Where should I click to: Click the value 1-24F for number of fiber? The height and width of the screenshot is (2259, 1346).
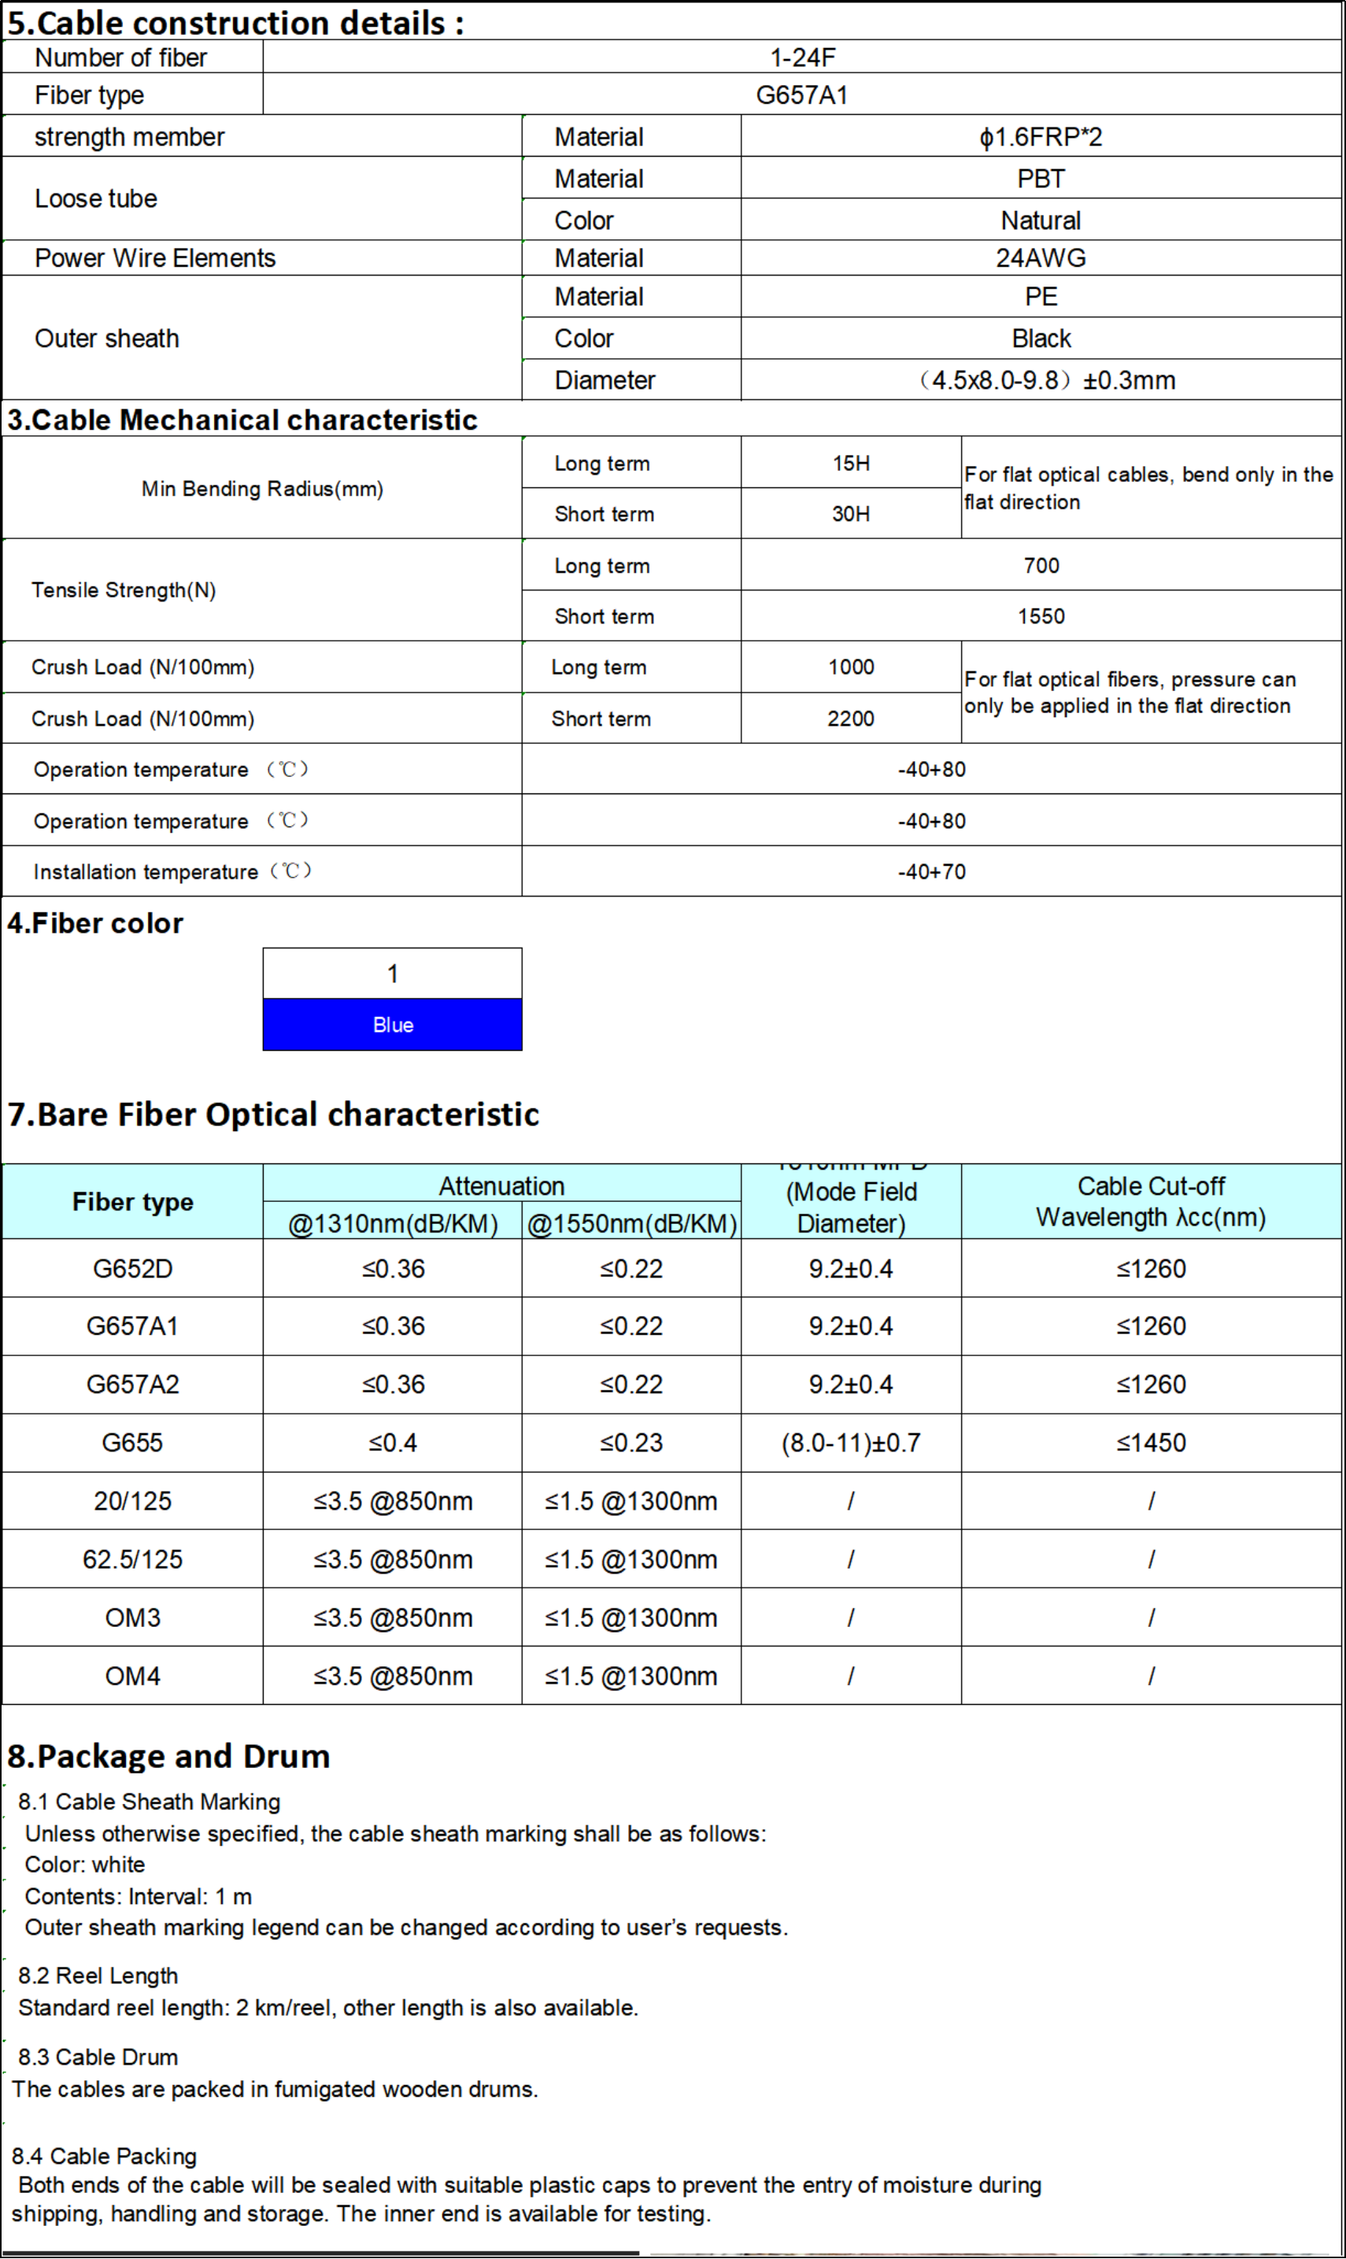[802, 57]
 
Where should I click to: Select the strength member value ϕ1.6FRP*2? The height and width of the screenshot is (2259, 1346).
[1041, 137]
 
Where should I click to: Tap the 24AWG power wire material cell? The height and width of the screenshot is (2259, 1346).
[1041, 257]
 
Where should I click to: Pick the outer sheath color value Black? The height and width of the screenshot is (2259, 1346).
[1041, 338]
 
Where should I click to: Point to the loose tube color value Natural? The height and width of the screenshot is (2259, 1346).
[1041, 220]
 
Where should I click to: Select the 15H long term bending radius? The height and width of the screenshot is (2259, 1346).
[851, 464]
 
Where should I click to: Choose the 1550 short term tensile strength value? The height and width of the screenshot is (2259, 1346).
[1041, 616]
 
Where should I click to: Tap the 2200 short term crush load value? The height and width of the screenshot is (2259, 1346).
[851, 719]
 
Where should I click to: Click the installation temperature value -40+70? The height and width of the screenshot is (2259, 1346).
[931, 871]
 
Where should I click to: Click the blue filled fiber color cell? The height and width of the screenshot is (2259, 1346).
[393, 1025]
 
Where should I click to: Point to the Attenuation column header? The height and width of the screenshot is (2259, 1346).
[501, 1185]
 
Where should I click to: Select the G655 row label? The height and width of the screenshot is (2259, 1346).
[132, 1442]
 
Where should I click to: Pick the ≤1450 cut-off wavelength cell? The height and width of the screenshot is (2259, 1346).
[1151, 1442]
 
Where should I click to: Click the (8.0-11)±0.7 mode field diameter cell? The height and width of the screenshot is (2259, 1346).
[851, 1442]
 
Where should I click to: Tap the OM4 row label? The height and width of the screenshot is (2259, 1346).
[132, 1675]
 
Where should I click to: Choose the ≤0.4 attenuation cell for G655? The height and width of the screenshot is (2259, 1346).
[393, 1442]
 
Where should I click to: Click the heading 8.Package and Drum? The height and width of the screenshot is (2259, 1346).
[168, 1757]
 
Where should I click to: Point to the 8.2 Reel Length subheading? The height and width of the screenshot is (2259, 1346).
[98, 1975]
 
